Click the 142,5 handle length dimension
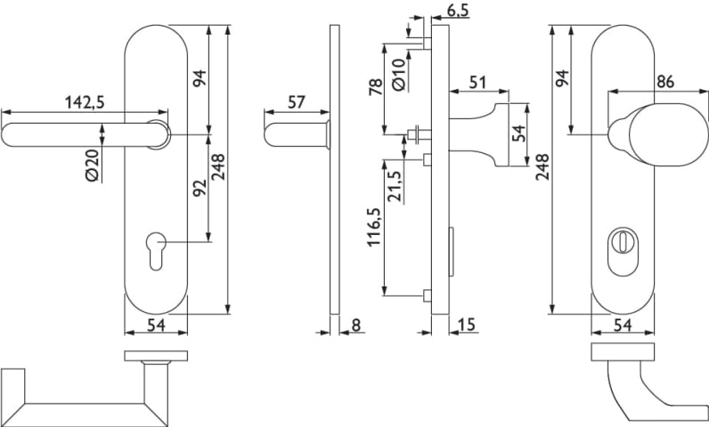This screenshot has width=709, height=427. coord(85,102)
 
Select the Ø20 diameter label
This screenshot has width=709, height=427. coord(92,165)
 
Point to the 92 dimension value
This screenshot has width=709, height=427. coord(200,188)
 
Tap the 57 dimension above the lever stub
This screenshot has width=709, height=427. coord(297,102)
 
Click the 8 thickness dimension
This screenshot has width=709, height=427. coord(356,325)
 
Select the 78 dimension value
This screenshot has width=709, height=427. coord(376,86)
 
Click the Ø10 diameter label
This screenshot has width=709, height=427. coord(398,75)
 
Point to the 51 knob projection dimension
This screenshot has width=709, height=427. coord(477,82)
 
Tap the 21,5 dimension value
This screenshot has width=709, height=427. coord(395,187)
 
